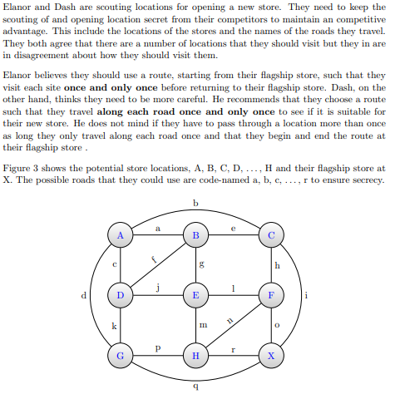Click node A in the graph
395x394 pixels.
(121, 235)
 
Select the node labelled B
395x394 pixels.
(195, 235)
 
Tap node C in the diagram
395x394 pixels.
(270, 235)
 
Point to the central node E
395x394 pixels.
(195, 295)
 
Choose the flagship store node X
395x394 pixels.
(270, 355)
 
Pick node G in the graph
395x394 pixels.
(121, 355)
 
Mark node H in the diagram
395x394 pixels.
(195, 355)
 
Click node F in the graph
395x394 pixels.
(270, 295)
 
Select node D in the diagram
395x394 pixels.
(121, 295)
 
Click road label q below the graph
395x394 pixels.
(195, 386)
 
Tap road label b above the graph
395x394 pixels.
(195, 203)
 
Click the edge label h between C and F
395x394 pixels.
(277, 265)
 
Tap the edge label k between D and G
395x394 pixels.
(114, 325)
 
